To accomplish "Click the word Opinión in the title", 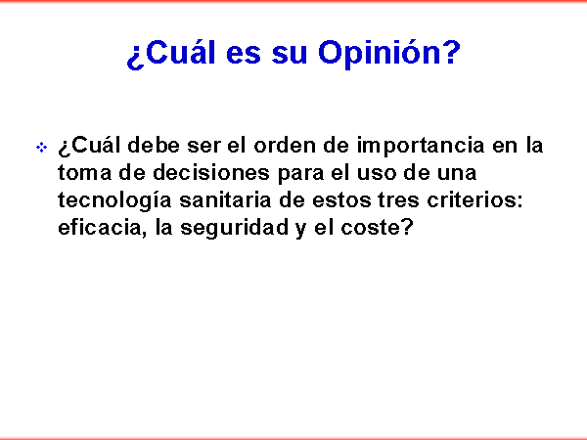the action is (x=389, y=53).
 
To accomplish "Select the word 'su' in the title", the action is (x=290, y=56).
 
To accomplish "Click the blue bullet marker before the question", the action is (x=41, y=147).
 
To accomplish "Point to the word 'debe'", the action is (x=154, y=145).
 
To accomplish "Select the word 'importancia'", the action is (x=421, y=147).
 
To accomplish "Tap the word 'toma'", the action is (x=84, y=173).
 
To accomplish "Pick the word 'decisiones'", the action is (x=211, y=172).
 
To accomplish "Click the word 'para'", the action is (x=300, y=175).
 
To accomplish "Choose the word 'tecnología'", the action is (x=114, y=201).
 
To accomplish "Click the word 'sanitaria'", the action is (x=225, y=199).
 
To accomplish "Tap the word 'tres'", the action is (x=398, y=201).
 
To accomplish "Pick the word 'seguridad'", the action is (x=235, y=229).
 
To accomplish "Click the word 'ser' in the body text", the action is (x=203, y=147).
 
